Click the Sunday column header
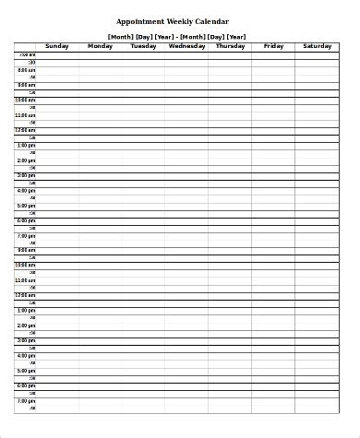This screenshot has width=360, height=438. [57, 45]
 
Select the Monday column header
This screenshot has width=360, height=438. [100, 45]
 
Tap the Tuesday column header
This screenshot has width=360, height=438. [143, 45]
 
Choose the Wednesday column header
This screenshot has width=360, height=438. [186, 45]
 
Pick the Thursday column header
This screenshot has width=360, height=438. [230, 45]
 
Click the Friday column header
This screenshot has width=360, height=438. [273, 45]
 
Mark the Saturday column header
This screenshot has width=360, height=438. [317, 45]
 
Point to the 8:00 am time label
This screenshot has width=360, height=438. [26, 70]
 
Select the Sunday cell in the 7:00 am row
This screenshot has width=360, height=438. [57, 55]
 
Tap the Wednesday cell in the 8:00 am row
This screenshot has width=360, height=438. [186, 70]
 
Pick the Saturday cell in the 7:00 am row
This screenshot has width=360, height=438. [317, 55]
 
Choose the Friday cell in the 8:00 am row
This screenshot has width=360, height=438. [273, 70]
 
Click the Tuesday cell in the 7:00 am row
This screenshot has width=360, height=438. [143, 55]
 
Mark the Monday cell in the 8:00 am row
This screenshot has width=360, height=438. [100, 70]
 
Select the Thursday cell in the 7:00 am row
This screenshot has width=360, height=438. [230, 55]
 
